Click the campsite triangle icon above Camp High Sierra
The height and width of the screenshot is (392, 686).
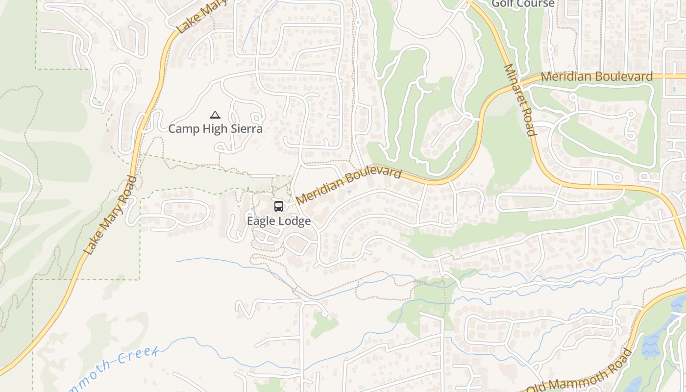coord(215,115)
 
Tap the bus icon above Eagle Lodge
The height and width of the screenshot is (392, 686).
coord(279,206)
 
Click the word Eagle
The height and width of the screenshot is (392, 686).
coord(259,221)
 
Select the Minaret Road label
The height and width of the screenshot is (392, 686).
coord(520,100)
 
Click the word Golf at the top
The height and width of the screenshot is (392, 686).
coord(503,3)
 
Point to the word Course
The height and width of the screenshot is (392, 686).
coord(536,3)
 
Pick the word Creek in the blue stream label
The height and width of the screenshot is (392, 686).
coord(144,356)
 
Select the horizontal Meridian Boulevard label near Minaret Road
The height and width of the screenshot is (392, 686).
coord(597,77)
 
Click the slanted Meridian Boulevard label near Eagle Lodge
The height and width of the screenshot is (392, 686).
coord(348,186)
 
